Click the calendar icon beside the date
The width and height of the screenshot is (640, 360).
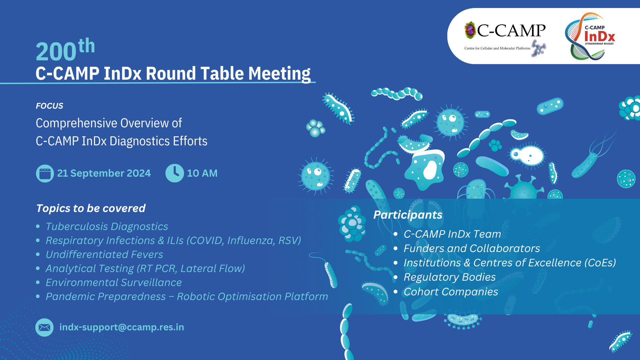pyautogui.click(x=45, y=173)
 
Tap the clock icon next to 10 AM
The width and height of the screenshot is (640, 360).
pyautogui.click(x=175, y=173)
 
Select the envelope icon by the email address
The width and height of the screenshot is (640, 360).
pyautogui.click(x=44, y=327)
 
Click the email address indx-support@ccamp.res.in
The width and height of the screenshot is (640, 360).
pyautogui.click(x=122, y=327)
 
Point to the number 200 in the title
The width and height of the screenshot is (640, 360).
pyautogui.click(x=56, y=52)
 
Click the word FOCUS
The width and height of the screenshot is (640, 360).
pyautogui.click(x=49, y=106)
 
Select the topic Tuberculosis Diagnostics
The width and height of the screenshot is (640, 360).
pyautogui.click(x=107, y=227)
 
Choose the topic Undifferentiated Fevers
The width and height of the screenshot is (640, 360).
pyautogui.click(x=104, y=255)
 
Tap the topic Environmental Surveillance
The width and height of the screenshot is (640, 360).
pyautogui.click(x=114, y=283)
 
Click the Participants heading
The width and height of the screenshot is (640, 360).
pyautogui.click(x=408, y=215)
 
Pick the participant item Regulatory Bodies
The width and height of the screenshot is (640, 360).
pyautogui.click(x=449, y=277)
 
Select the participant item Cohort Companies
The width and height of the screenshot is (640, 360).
pyautogui.click(x=451, y=292)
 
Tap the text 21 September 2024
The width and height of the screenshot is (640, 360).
pyautogui.click(x=104, y=173)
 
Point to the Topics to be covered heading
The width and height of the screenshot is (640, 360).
pyautogui.click(x=91, y=208)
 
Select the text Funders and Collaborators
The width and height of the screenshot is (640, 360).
pyautogui.click(x=472, y=249)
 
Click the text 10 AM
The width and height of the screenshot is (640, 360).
pyautogui.click(x=202, y=173)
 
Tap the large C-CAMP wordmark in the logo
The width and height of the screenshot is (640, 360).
pyautogui.click(x=511, y=31)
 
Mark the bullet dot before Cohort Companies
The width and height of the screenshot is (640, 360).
pyautogui.click(x=396, y=292)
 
